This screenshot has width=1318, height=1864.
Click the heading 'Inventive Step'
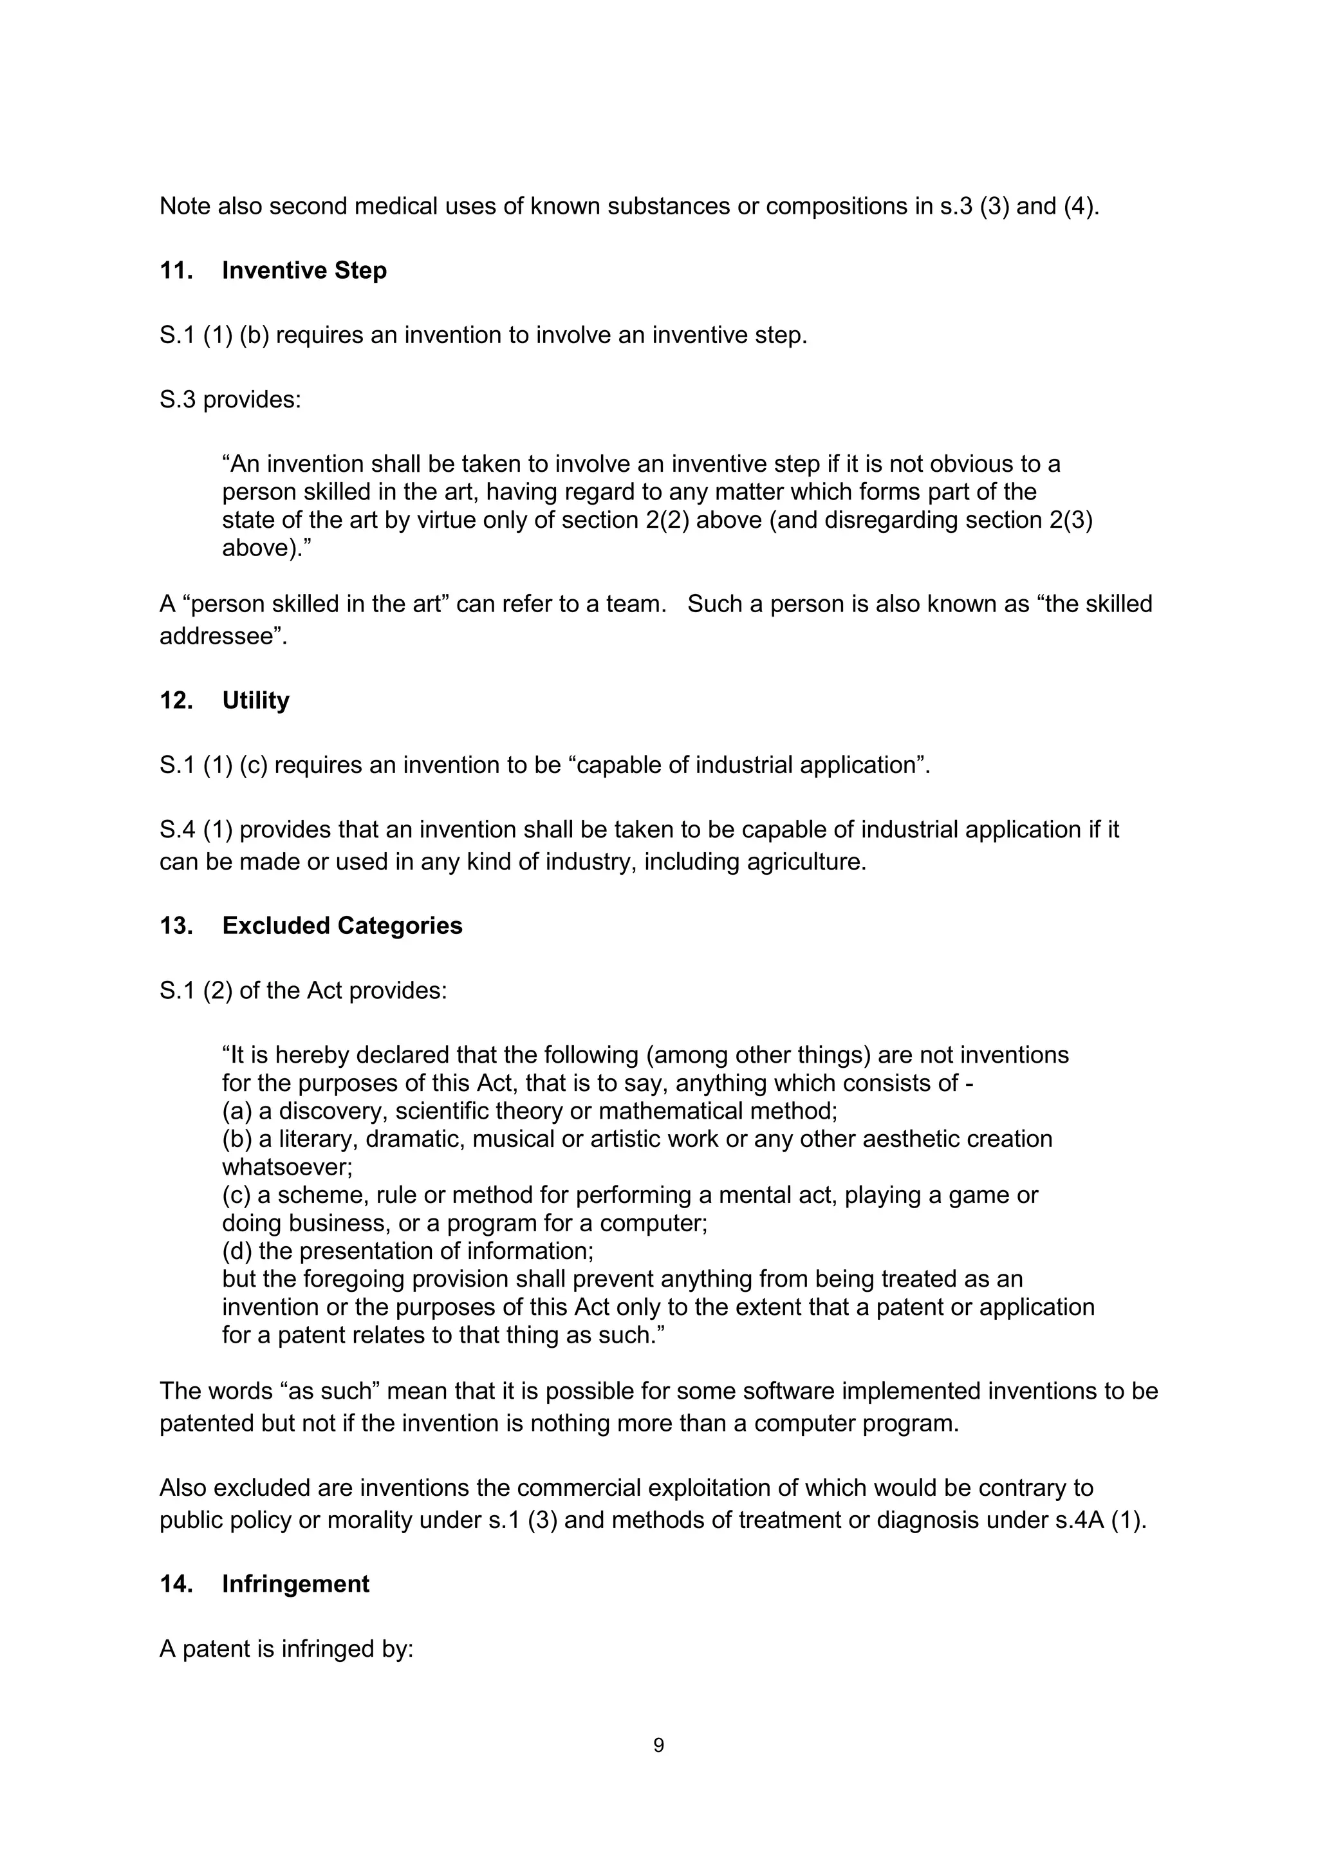click(304, 270)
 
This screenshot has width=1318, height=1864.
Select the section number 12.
click(175, 701)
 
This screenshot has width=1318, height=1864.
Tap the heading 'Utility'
click(255, 701)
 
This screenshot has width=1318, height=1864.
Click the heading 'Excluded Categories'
click(342, 926)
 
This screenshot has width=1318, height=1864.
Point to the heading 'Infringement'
click(295, 1584)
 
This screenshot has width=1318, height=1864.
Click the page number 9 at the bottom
click(658, 1745)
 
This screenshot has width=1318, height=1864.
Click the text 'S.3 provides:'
click(230, 400)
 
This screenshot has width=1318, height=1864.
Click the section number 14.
click(175, 1584)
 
